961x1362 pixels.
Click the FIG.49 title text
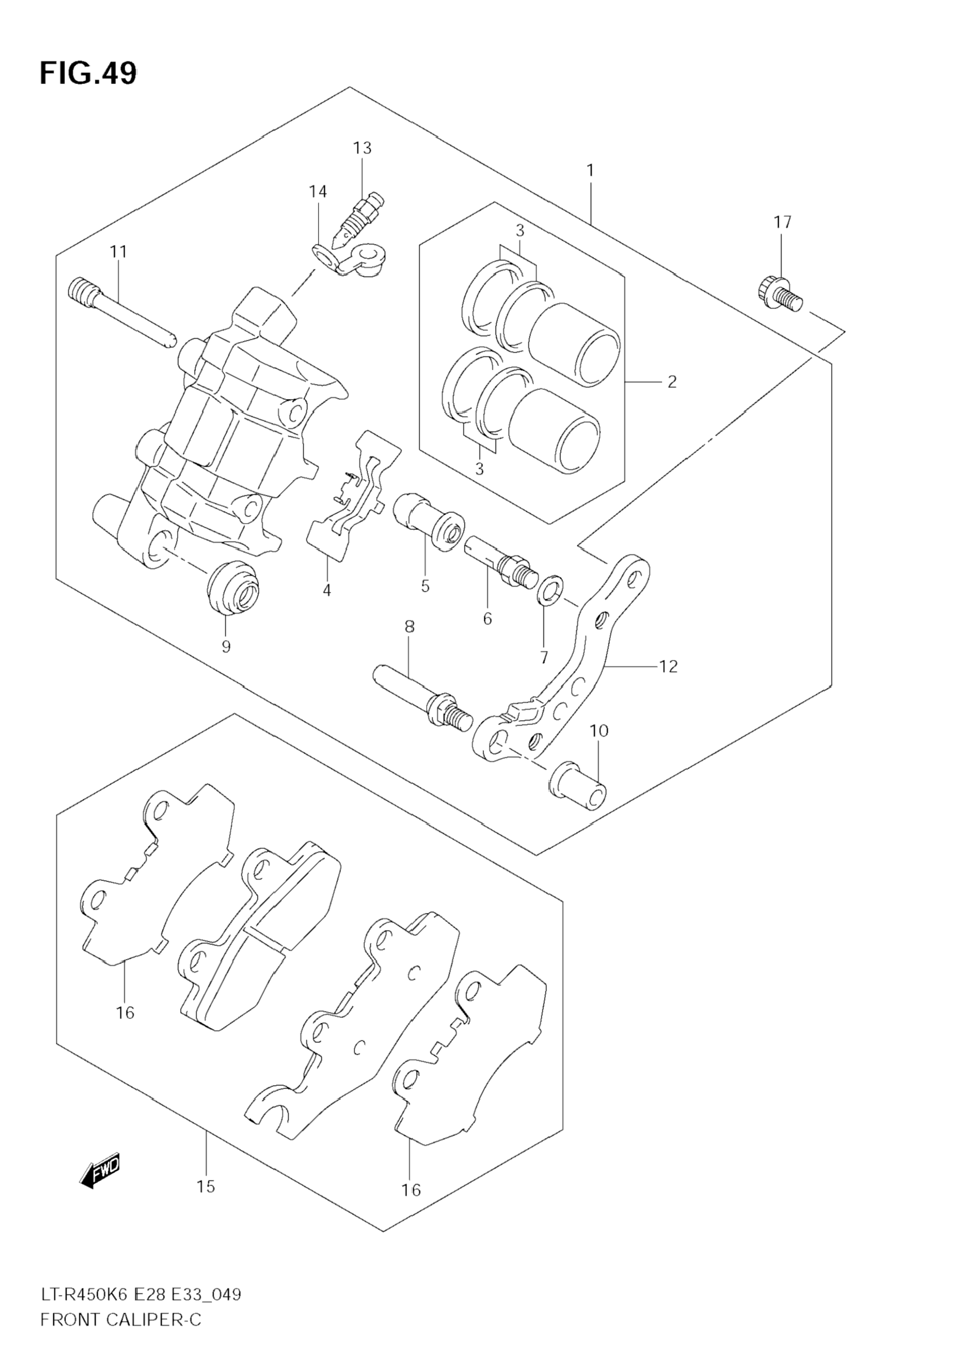coord(88,74)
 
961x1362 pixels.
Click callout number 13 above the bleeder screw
coord(362,148)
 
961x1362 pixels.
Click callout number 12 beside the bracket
coord(668,666)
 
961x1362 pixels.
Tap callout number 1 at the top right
coord(590,171)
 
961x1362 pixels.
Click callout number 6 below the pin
coord(487,619)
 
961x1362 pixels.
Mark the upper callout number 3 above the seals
coord(519,230)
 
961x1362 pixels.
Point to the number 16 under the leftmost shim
coord(125,1012)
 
